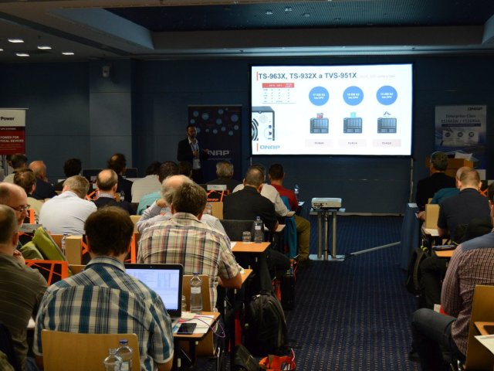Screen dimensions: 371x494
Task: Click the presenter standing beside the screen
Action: click(191, 151)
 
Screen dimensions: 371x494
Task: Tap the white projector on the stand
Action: click(326, 203)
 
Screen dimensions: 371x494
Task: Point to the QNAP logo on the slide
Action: click(269, 147)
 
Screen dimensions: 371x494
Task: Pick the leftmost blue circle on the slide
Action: click(318, 95)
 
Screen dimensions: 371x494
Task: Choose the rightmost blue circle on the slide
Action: click(386, 95)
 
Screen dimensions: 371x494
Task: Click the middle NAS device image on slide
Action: click(353, 124)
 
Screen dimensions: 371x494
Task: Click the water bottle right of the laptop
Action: click(196, 293)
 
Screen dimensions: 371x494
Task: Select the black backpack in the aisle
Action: click(265, 325)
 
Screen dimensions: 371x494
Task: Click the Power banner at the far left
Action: click(12, 131)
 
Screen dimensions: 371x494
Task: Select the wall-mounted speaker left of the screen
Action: click(106, 71)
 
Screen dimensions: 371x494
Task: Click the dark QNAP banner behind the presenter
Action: click(216, 139)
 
